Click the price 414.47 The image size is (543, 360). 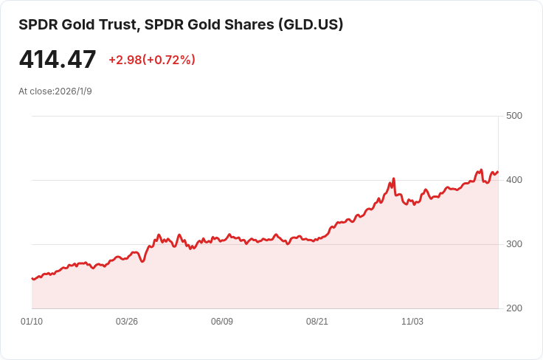click(58, 60)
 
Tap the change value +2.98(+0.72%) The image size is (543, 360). click(152, 60)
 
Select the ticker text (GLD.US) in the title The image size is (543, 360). click(310, 24)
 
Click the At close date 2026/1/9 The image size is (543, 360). click(73, 91)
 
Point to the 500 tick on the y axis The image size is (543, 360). click(514, 116)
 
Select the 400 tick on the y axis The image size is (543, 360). click(514, 180)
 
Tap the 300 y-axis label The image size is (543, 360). click(514, 244)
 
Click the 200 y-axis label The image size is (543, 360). click(514, 308)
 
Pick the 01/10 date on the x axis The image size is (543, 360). click(32, 322)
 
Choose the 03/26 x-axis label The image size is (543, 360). click(127, 322)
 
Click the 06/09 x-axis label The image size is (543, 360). click(222, 322)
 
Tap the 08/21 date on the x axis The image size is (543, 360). click(317, 322)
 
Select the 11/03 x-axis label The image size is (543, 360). click(412, 322)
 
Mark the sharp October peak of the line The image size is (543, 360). click(394, 179)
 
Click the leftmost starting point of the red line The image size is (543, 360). click(32, 278)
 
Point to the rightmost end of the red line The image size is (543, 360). click(498, 172)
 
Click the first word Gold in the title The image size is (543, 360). click(78, 24)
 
